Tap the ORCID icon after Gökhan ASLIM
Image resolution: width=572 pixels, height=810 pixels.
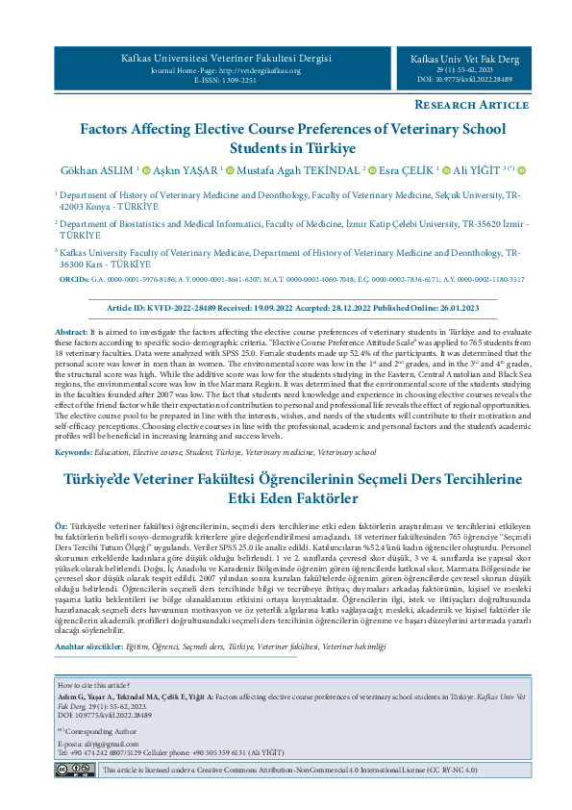click(x=145, y=170)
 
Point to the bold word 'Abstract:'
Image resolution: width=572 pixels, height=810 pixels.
click(x=71, y=331)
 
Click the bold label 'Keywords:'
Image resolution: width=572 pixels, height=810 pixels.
click(x=73, y=451)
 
